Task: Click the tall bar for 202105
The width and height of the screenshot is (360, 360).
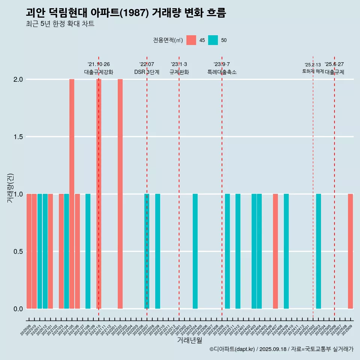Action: click(x=72, y=194)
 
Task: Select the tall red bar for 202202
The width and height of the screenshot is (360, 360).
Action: click(x=120, y=194)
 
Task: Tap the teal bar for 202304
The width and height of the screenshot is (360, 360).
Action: click(x=195, y=251)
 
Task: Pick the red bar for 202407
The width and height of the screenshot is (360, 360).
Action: click(x=275, y=251)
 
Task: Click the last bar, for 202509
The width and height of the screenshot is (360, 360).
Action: click(x=350, y=251)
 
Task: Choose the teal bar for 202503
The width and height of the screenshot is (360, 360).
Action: click(x=318, y=251)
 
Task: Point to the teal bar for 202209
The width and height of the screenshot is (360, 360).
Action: click(x=157, y=251)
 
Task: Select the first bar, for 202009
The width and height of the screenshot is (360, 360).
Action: click(x=29, y=251)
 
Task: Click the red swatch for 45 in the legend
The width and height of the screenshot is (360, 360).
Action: click(x=191, y=40)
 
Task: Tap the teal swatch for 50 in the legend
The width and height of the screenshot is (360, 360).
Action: click(x=213, y=40)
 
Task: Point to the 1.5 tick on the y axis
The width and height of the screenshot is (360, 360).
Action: click(x=18, y=137)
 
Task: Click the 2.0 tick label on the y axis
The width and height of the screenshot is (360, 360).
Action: click(x=18, y=79)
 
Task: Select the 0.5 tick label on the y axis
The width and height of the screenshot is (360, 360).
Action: click(x=18, y=251)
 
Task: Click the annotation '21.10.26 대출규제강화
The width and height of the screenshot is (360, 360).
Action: click(x=99, y=68)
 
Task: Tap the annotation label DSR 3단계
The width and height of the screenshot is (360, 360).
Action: click(x=147, y=72)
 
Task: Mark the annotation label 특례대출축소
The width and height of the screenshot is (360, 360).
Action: click(x=222, y=72)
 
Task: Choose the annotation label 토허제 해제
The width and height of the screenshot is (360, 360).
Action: click(x=313, y=71)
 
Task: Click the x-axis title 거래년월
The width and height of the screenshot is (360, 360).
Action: click(x=189, y=340)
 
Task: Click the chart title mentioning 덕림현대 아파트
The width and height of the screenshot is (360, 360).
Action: click(x=126, y=13)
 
